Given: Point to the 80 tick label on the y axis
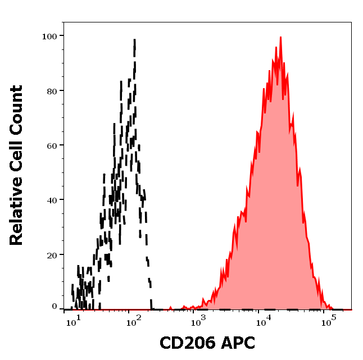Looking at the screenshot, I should point(52,90).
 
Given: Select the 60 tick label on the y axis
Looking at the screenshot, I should point(52,145).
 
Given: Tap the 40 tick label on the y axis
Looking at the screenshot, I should point(52,199).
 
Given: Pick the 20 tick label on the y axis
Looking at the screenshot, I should point(52,254).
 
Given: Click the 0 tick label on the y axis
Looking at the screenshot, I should point(55,307).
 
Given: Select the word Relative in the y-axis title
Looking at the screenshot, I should point(16,211).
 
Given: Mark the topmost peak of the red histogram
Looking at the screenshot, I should point(280,38).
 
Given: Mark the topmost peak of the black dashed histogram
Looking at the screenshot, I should point(135,40).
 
